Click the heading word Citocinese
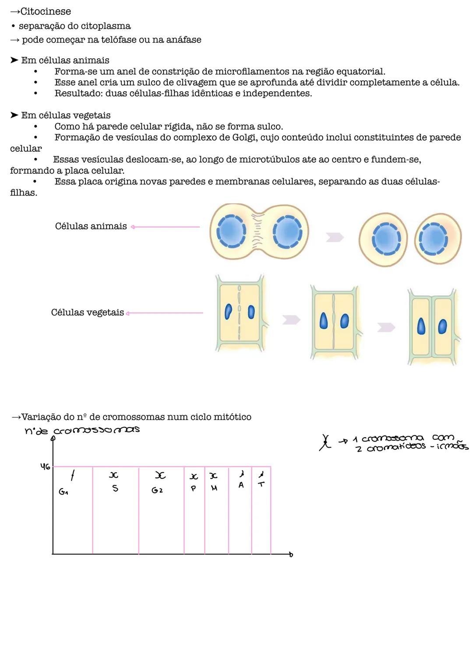click(x=46, y=11)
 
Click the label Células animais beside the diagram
click(x=91, y=226)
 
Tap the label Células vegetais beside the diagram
click(x=87, y=313)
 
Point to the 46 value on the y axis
click(x=45, y=467)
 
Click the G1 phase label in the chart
click(x=64, y=492)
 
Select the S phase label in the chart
click(x=115, y=488)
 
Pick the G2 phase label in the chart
click(x=157, y=490)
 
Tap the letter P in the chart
click(x=193, y=488)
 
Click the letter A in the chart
click(x=241, y=485)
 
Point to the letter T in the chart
click(x=261, y=484)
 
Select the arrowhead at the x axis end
click(x=291, y=555)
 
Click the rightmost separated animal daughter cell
click(x=437, y=239)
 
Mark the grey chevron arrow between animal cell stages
click(x=335, y=237)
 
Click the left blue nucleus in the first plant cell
click(x=228, y=312)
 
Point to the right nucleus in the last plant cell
click(x=442, y=326)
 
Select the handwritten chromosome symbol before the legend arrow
click(x=325, y=442)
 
